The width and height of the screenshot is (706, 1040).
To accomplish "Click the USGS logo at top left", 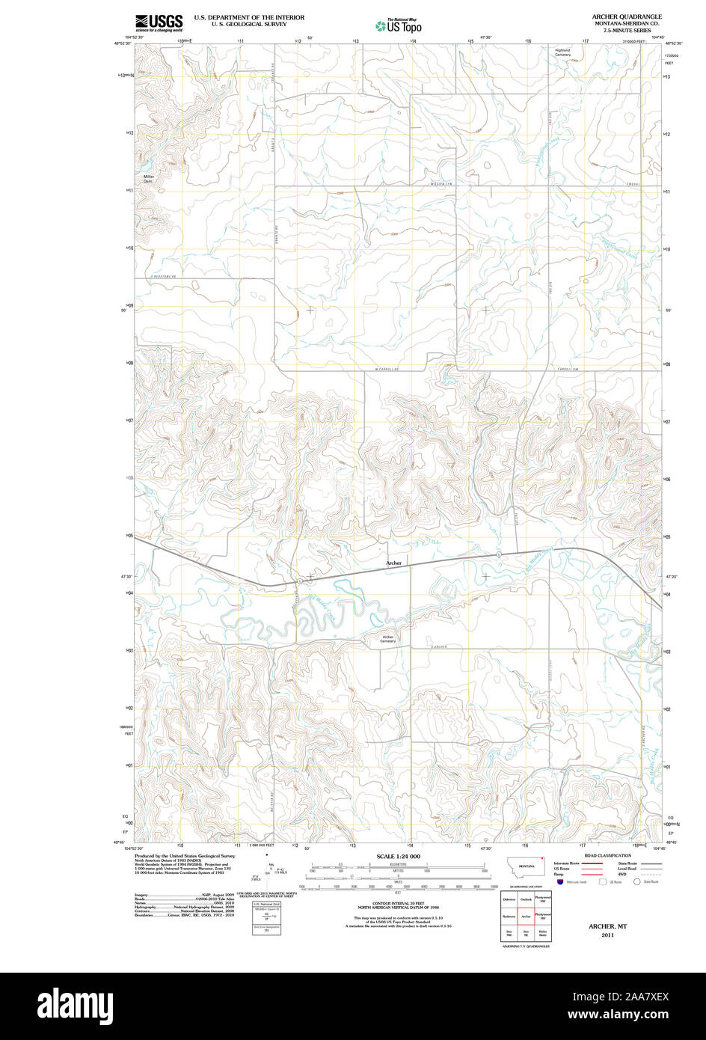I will coord(158,23).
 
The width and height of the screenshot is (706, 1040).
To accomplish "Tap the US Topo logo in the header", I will coord(399,26).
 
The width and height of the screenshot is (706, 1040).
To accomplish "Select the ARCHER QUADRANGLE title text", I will coord(626,16).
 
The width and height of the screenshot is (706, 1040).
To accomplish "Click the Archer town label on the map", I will coord(394,563).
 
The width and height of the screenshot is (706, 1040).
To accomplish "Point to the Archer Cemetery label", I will coord(387,639).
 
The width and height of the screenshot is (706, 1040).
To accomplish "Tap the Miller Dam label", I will coord(149,179).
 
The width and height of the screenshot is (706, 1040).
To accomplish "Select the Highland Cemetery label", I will coord(562,52).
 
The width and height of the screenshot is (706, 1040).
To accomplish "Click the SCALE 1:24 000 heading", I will coord(398,856).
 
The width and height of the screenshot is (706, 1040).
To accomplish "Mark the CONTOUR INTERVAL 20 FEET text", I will coord(398,904).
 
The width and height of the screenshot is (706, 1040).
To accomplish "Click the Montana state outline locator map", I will coord(526,864).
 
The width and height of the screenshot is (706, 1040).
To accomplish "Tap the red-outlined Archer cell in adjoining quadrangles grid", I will coord(526,916).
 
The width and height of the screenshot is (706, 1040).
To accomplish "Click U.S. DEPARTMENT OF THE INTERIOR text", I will coord(249,16).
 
